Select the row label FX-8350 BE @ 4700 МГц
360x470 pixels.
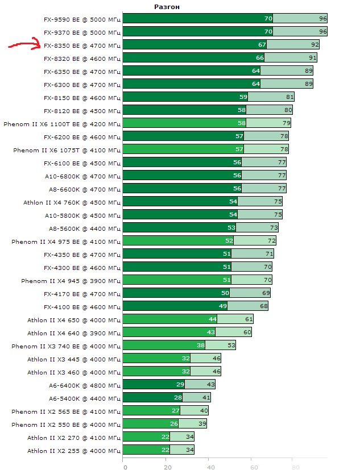point(82,45)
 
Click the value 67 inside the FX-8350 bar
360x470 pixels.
point(262,45)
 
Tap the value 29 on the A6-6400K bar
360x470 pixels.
point(180,385)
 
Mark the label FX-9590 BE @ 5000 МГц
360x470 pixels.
point(82,19)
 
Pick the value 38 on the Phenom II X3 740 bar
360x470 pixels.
point(200,346)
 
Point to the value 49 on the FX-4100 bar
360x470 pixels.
point(223,306)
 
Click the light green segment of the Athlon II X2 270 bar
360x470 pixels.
point(182,437)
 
